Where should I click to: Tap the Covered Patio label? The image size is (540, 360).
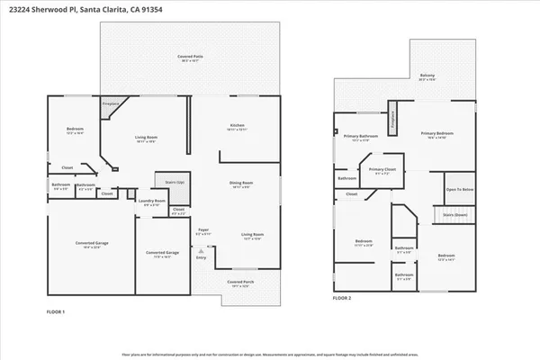190,57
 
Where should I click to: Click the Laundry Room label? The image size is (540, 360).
154,202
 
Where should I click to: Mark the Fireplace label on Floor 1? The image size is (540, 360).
111,104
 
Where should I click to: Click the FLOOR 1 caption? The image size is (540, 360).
56,310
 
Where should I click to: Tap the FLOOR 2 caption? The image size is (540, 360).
342,297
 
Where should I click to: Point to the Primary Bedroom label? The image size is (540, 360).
436,134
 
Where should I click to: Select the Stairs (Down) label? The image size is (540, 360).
454,216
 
